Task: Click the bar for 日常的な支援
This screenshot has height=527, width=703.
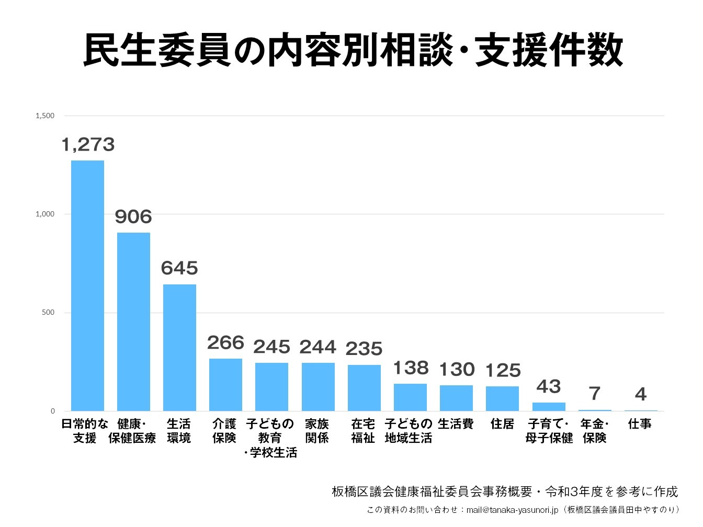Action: pyautogui.click(x=87, y=285)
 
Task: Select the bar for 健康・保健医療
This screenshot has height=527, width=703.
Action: pyautogui.click(x=133, y=322)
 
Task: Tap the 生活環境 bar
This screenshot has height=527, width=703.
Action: pyautogui.click(x=179, y=347)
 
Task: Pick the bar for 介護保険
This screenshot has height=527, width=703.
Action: pyautogui.click(x=225, y=384)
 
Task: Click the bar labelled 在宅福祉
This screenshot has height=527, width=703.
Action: pyautogui.click(x=364, y=387)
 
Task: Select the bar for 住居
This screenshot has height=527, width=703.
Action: pyautogui.click(x=502, y=398)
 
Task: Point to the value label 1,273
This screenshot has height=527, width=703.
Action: pyautogui.click(x=88, y=144)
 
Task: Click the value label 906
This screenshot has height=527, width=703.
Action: pyautogui.click(x=133, y=216)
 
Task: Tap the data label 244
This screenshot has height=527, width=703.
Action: pyautogui.click(x=318, y=347)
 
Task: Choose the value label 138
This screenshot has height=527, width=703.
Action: pyautogui.click(x=411, y=368)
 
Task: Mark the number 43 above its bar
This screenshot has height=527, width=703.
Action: pyautogui.click(x=549, y=386)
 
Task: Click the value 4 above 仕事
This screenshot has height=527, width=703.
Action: pyautogui.click(x=640, y=394)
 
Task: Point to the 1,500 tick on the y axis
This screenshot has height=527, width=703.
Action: pyautogui.click(x=45, y=116)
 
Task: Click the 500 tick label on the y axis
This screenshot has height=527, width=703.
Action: pyautogui.click(x=48, y=313)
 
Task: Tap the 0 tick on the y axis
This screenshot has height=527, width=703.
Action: pyautogui.click(x=52, y=411)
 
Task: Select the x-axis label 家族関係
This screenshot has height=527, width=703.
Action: pyautogui.click(x=317, y=431)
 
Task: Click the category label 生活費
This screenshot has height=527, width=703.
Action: pyautogui.click(x=456, y=424)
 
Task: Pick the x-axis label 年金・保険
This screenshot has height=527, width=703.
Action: pyautogui.click(x=595, y=431)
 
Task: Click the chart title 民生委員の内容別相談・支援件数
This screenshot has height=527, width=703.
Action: pyautogui.click(x=353, y=50)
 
